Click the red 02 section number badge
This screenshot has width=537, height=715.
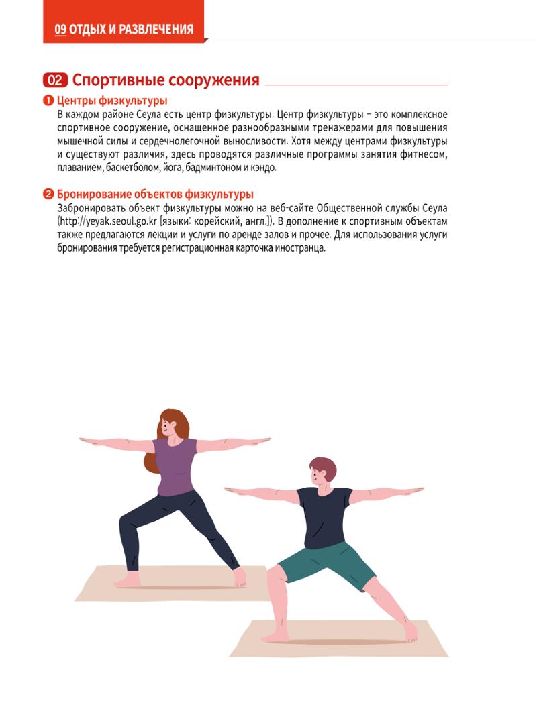(x=55, y=80)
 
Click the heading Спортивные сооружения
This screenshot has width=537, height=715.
(x=166, y=80)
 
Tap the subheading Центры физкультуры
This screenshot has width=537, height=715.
(x=112, y=101)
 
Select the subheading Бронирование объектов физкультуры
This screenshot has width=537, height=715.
(x=155, y=195)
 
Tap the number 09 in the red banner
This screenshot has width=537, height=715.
(x=60, y=30)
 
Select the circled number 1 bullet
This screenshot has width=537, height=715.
(x=48, y=101)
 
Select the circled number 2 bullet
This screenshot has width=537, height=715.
(x=48, y=195)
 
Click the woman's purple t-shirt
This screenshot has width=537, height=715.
(x=175, y=465)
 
